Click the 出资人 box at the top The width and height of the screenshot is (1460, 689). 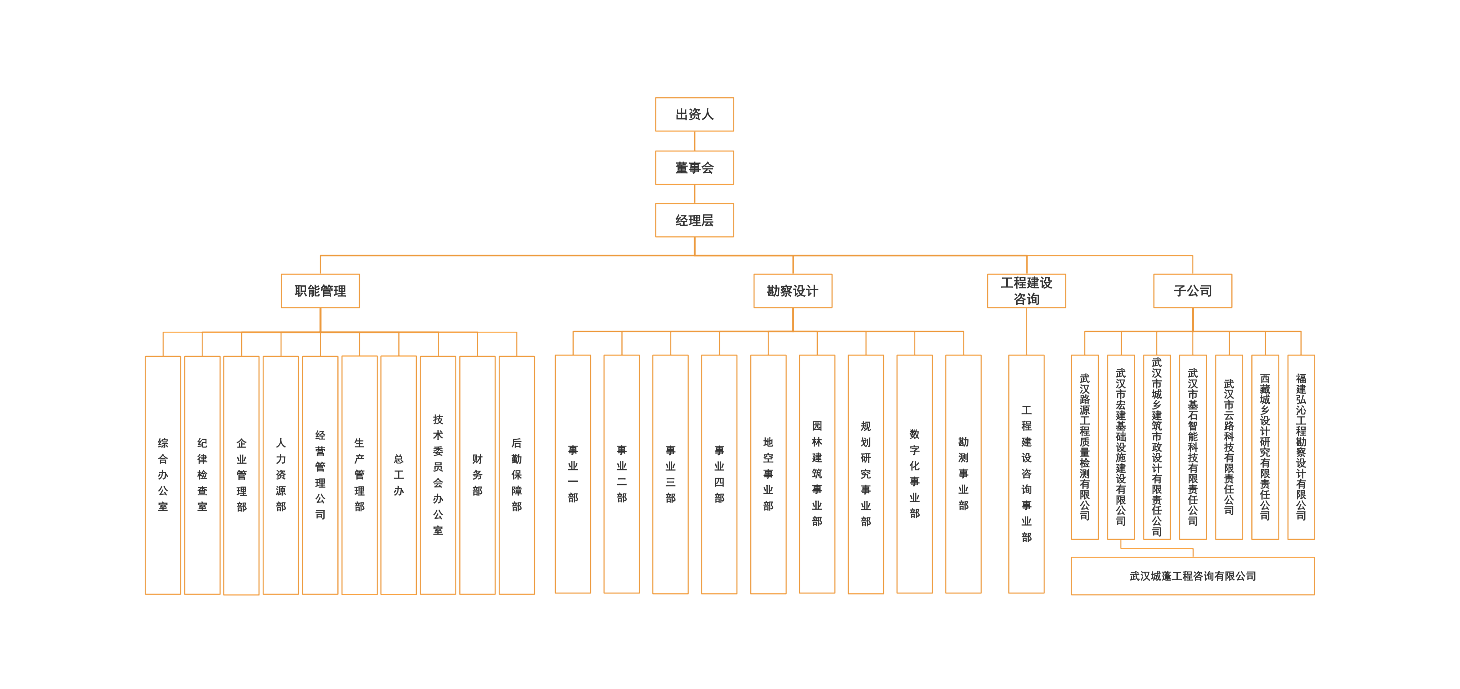tap(694, 114)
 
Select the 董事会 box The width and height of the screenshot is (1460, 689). tap(694, 167)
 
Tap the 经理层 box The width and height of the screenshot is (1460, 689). tap(694, 220)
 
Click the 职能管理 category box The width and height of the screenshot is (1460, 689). tap(320, 291)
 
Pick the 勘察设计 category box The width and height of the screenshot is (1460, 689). tap(792, 291)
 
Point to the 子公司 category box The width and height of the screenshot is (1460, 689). tap(1192, 291)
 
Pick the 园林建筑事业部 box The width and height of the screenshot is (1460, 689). tap(817, 474)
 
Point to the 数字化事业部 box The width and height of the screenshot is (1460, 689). tap(914, 474)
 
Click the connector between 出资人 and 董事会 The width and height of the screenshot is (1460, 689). tap(694, 141)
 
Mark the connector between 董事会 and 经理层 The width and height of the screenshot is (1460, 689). tap(694, 193)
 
